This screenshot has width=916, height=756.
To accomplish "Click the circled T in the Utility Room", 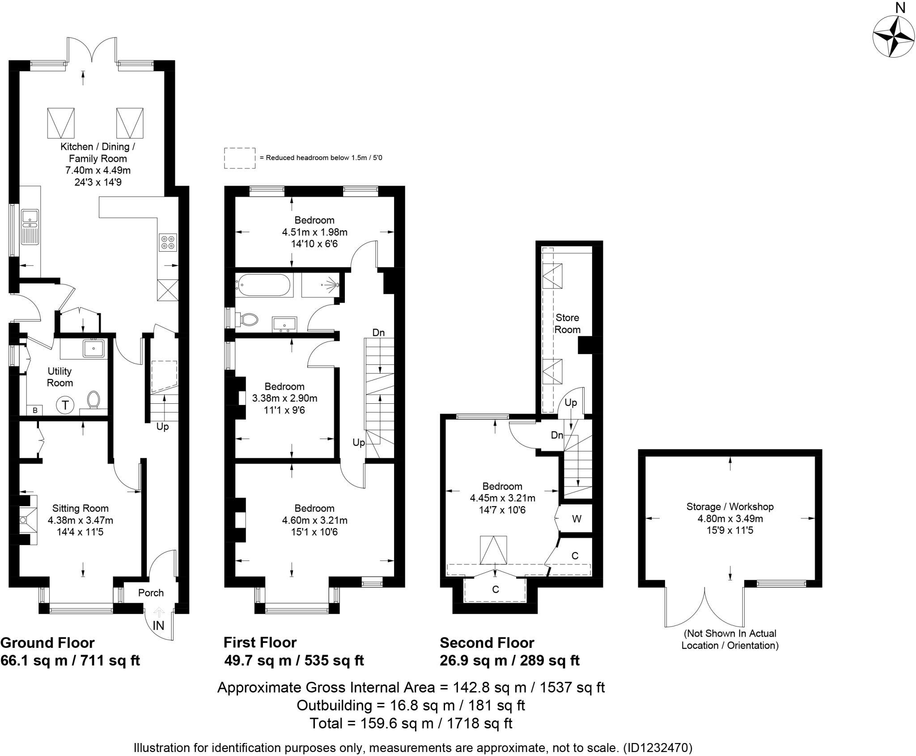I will click(65, 405).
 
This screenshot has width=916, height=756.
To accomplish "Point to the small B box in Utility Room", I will click(35, 410).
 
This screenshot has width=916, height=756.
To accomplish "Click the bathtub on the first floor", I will click(263, 285).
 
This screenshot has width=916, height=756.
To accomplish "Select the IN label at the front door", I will click(158, 625).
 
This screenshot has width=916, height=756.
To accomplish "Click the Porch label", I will click(151, 593).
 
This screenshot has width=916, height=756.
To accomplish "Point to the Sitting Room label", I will click(81, 508).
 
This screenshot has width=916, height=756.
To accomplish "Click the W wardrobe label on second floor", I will click(577, 519).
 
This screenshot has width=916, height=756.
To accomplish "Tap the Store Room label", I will click(567, 323).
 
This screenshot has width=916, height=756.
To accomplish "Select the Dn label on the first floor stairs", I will click(378, 332).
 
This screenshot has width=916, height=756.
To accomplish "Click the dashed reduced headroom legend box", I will click(240, 158).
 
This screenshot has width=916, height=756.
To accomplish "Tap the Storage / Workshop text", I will click(730, 507).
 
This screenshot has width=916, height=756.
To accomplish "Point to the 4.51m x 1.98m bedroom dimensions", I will click(314, 232).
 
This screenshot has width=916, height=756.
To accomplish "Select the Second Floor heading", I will click(487, 642).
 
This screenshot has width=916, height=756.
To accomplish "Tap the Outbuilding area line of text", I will click(411, 705).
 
